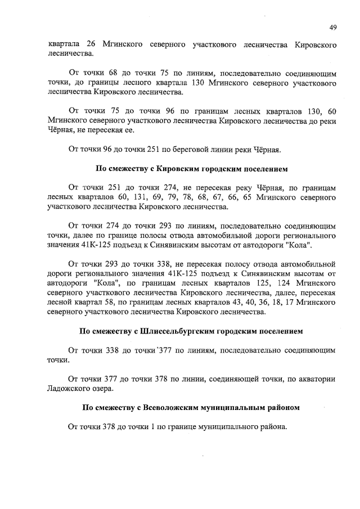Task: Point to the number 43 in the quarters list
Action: [231, 303]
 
